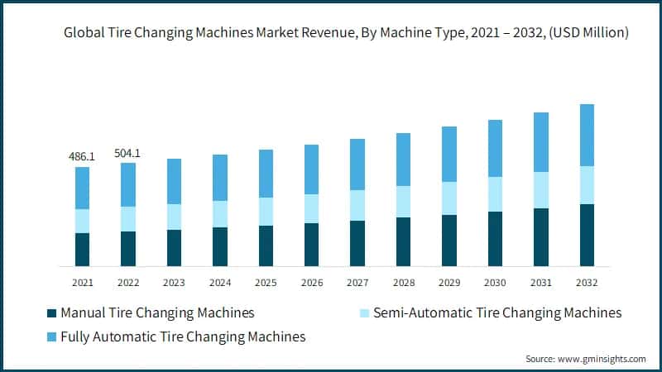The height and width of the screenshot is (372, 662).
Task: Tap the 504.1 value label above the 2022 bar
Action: click(x=127, y=152)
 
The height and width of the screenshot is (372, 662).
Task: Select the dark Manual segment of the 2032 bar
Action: click(x=587, y=235)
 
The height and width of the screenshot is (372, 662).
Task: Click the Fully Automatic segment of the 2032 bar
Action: click(x=587, y=135)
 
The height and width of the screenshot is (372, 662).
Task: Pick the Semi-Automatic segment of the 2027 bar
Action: click(x=357, y=205)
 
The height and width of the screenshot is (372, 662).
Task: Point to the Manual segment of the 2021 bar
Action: click(x=82, y=250)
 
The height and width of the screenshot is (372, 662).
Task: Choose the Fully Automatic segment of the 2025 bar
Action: click(x=265, y=174)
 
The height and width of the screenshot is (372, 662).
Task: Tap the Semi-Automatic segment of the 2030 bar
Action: click(x=495, y=194)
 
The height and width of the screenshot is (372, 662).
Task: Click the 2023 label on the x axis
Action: click(x=174, y=282)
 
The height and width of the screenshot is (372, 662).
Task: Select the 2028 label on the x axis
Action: click(x=403, y=282)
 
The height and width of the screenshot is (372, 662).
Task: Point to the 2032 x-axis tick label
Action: click(x=587, y=282)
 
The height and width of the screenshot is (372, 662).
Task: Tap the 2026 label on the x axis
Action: click(x=311, y=282)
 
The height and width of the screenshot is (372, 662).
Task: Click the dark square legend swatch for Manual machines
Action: click(x=51, y=313)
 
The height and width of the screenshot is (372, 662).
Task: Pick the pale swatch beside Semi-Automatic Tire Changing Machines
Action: click(x=362, y=313)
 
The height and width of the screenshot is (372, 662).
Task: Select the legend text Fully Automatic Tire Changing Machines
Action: click(x=183, y=336)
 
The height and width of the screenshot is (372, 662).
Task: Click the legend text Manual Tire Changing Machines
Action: click(x=157, y=313)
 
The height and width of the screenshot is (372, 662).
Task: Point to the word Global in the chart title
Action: click(x=84, y=33)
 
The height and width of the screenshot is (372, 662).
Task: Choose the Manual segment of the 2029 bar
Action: click(x=449, y=241)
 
